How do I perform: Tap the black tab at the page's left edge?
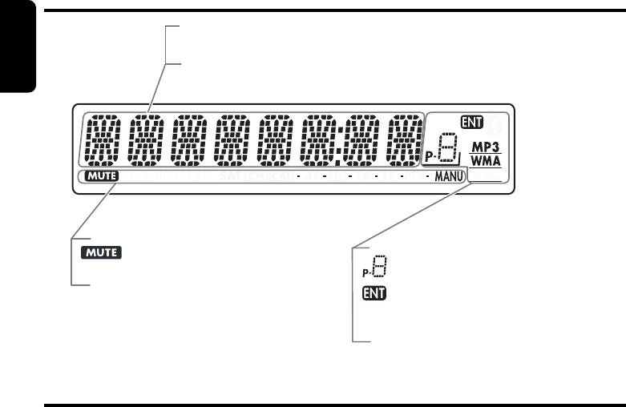[18, 48]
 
